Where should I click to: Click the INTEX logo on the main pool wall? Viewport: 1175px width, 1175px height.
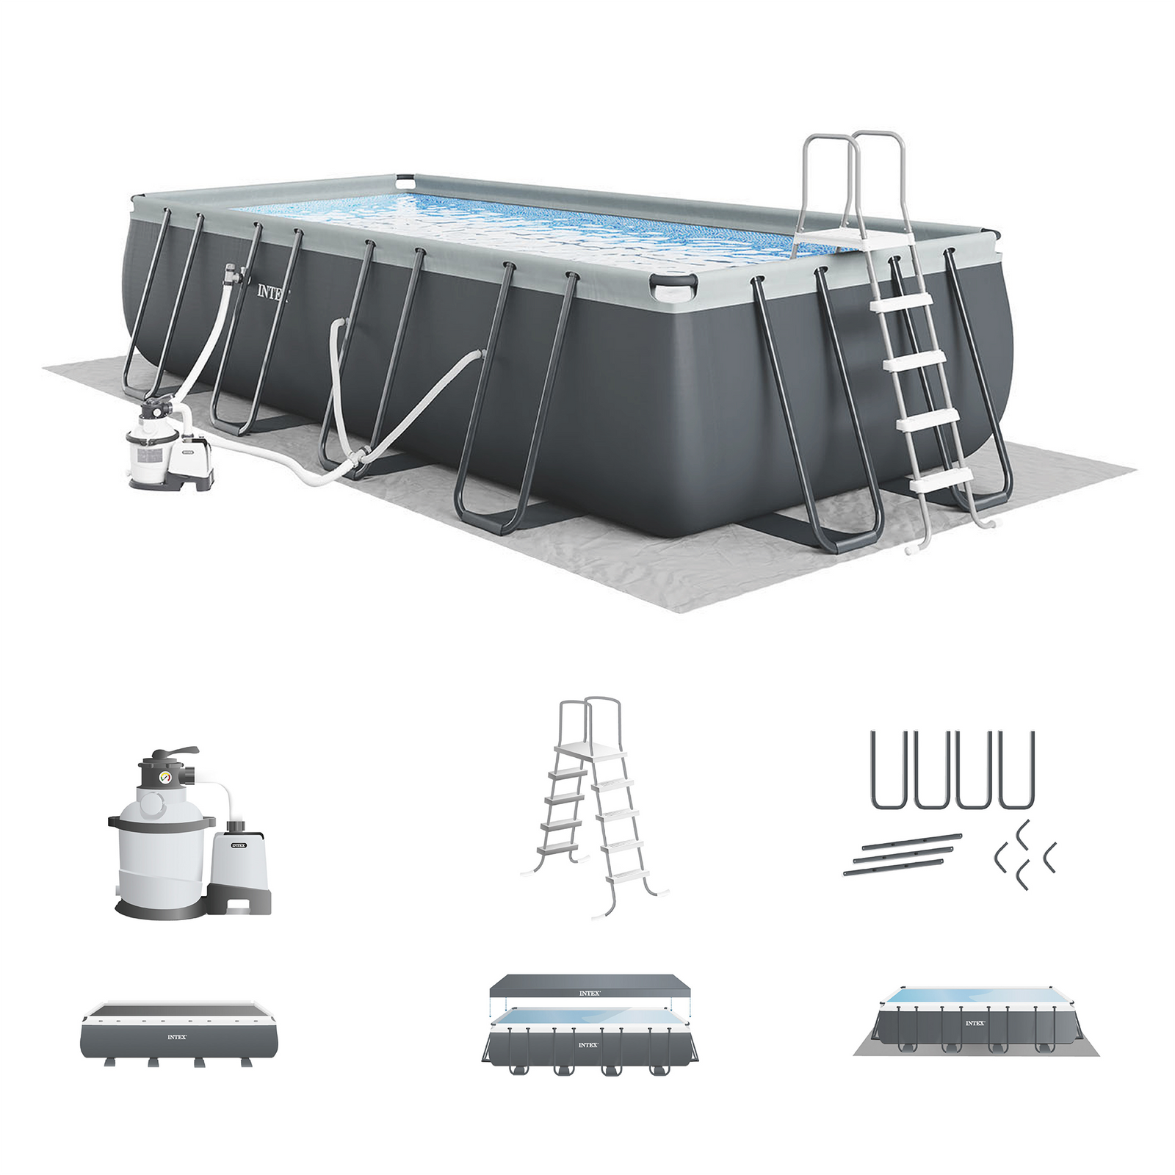tap(272, 292)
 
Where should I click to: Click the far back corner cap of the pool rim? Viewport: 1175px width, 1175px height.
tap(405, 179)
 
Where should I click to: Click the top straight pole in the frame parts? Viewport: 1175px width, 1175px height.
tap(911, 841)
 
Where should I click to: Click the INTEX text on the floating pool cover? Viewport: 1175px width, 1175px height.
tap(589, 993)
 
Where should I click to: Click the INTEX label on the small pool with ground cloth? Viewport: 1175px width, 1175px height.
tap(975, 1023)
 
